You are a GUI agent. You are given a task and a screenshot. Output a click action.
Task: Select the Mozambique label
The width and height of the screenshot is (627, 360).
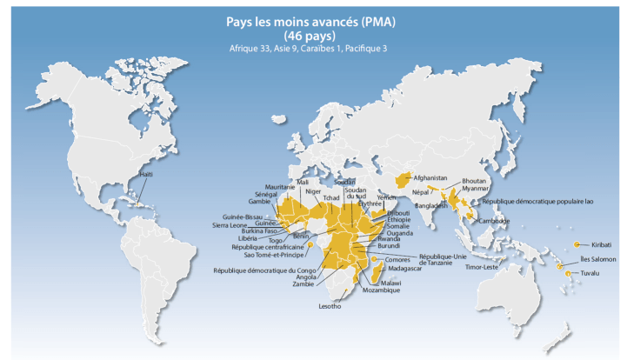(380, 290)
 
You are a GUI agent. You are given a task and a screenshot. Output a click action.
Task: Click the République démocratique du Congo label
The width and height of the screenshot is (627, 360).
(263, 270)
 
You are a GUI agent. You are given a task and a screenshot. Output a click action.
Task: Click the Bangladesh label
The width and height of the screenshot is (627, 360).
(432, 206)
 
